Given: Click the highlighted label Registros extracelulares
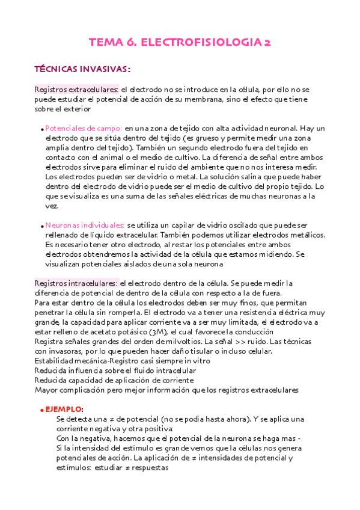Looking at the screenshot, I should (x=76, y=90).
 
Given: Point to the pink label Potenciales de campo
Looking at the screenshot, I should (x=84, y=129).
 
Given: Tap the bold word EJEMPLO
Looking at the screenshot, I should (x=67, y=409).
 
